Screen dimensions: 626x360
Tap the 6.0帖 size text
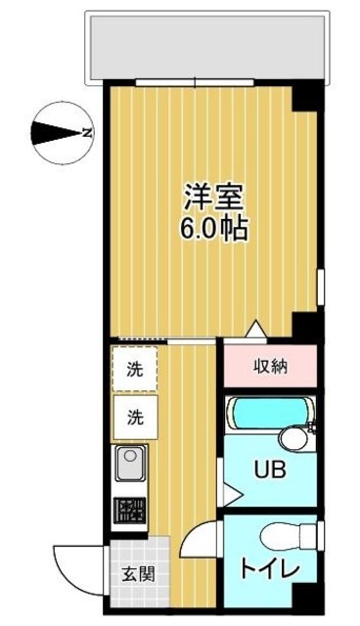click(213, 229)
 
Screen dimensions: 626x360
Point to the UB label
click(269, 469)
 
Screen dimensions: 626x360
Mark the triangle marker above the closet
click(254, 330)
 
